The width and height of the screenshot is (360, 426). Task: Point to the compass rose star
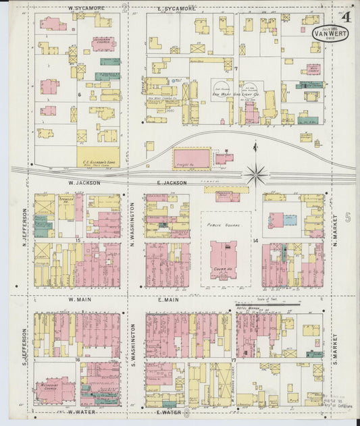[256, 175]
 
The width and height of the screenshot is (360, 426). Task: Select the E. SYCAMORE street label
[176, 9]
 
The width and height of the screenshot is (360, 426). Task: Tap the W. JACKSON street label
[84, 182]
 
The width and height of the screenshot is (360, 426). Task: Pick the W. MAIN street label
[79, 299]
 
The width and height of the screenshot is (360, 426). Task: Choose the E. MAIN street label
[168, 299]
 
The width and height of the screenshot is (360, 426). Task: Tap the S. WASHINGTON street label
[134, 345]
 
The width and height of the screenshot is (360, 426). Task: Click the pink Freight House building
[191, 159]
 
